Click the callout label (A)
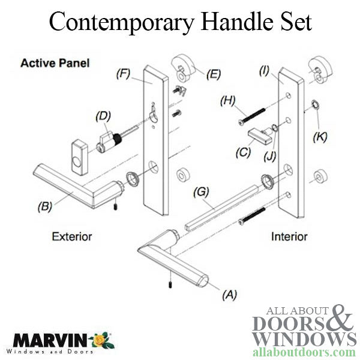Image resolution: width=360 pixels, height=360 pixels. [230, 295]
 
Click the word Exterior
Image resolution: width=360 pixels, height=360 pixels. [71, 236]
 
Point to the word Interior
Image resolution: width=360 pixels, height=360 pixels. [289, 236]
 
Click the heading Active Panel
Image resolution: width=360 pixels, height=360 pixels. [55, 63]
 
